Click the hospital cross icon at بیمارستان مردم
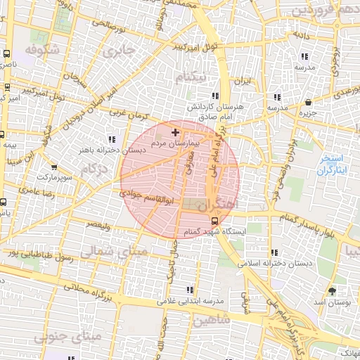(x=175, y=132)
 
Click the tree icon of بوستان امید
(x=332, y=290)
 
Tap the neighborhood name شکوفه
(x=40, y=51)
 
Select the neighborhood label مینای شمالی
(x=115, y=250)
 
